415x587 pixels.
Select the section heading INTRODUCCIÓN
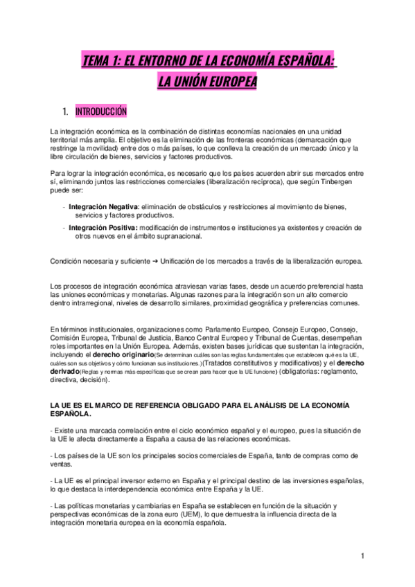point(101,111)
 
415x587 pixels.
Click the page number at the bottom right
point(362,556)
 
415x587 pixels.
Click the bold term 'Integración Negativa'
point(103,207)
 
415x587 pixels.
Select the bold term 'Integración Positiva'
point(103,227)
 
